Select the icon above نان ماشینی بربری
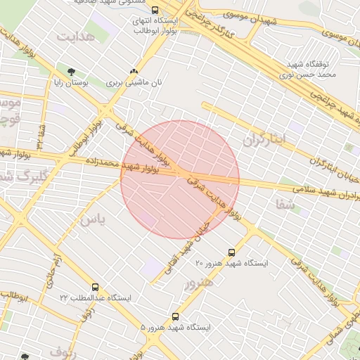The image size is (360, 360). pyautogui.click(x=134, y=71)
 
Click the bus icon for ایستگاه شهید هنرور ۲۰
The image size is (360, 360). pyautogui.click(x=231, y=252)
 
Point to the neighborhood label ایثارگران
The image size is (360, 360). pyautogui.click(x=265, y=140)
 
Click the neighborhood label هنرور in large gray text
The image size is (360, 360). pyautogui.click(x=198, y=283)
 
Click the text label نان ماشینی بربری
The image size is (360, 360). pyautogui.click(x=134, y=83)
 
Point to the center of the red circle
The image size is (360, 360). pyautogui.click(x=180, y=179)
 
